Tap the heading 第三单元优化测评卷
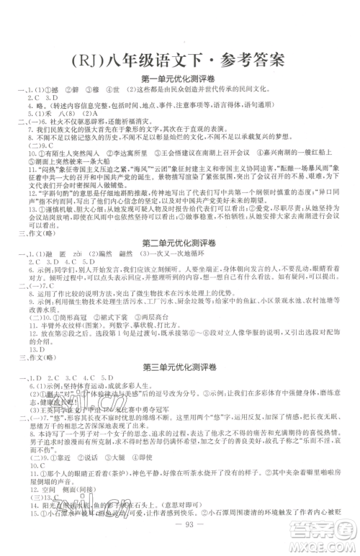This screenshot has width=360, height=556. pos(180,344)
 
